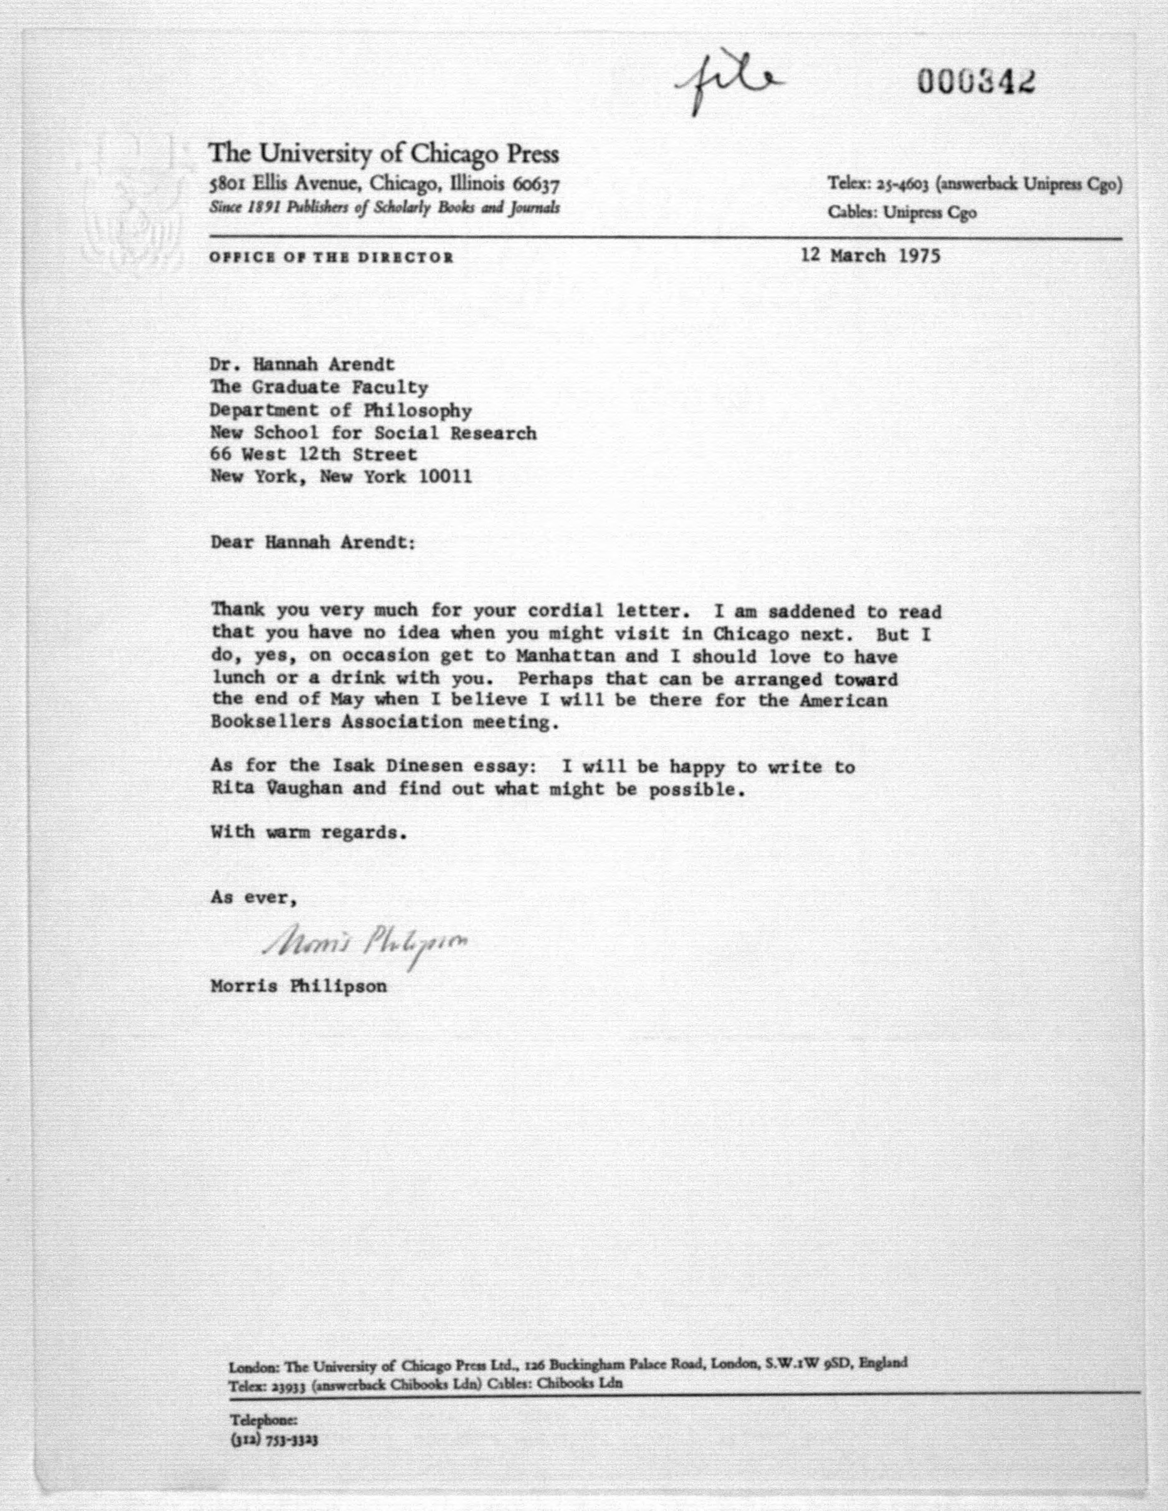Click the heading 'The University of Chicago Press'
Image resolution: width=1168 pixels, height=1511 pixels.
[384, 153]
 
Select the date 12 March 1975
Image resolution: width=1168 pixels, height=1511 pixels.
[870, 256]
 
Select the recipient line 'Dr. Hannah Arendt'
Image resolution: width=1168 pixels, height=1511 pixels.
[303, 364]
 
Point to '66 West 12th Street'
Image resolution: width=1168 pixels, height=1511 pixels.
[314, 455]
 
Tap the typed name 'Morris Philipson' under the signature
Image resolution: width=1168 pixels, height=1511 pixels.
[299, 986]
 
